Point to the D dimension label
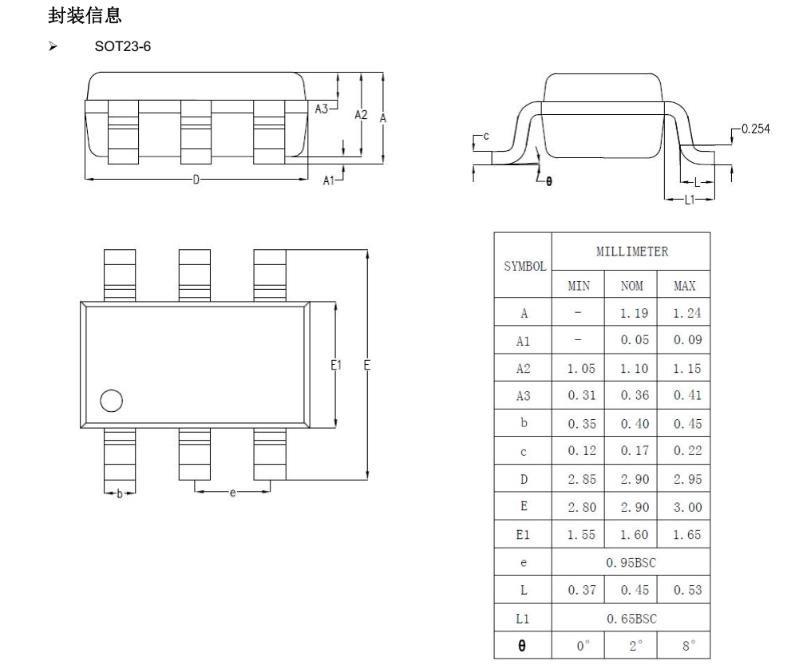coord(196,180)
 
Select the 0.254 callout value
coord(756,129)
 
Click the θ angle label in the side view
coord(548,181)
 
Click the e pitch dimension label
coord(233,493)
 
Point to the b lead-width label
coord(120,494)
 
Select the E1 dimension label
coord(337,365)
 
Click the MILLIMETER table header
coord(631,251)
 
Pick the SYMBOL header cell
coord(524,265)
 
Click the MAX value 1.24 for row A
coord(684,314)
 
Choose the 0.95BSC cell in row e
coord(631,562)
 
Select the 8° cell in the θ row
coord(684,645)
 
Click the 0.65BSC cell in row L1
coord(631,617)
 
